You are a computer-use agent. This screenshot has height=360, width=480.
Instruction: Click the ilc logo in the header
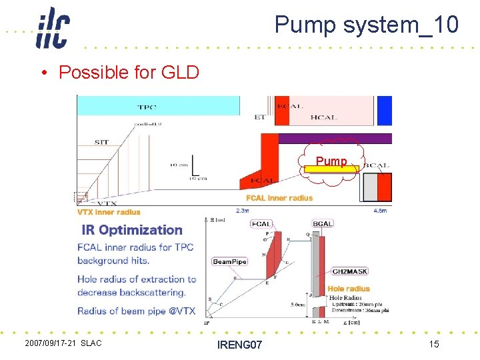click(x=53, y=27)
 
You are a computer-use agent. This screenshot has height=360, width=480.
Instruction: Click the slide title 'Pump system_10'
click(x=366, y=25)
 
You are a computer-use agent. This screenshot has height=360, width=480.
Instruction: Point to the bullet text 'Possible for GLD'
click(x=129, y=72)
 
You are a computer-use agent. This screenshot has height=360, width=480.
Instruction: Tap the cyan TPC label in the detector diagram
click(x=147, y=107)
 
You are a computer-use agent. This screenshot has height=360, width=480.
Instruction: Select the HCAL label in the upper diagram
click(x=324, y=118)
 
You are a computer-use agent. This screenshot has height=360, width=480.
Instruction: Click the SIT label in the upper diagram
click(x=101, y=142)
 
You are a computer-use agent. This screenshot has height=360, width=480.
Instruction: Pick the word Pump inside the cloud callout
click(x=331, y=161)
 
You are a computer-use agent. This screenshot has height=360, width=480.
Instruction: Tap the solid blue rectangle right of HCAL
click(x=385, y=110)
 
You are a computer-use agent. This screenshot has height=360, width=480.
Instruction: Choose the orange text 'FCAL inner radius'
click(x=279, y=198)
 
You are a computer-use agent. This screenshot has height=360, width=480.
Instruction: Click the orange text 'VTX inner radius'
click(x=109, y=212)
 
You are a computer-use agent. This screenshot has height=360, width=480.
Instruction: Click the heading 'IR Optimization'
click(x=131, y=230)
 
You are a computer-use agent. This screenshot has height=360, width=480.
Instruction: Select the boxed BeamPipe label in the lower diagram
click(x=229, y=261)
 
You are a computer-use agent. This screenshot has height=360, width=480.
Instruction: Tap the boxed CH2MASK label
click(x=350, y=271)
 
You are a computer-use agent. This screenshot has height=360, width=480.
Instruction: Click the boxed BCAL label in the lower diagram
click(x=323, y=224)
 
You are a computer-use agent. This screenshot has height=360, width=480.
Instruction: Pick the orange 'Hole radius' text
click(x=349, y=289)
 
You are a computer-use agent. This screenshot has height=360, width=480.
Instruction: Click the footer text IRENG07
click(x=239, y=344)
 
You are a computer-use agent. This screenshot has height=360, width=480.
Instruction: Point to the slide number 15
click(x=433, y=343)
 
